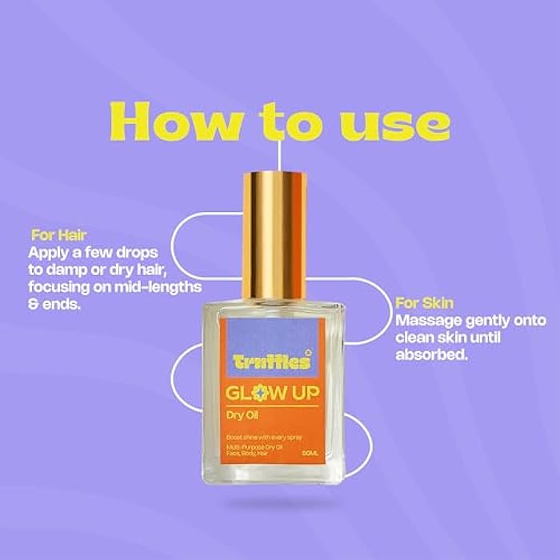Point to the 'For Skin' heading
(x=425, y=303)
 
